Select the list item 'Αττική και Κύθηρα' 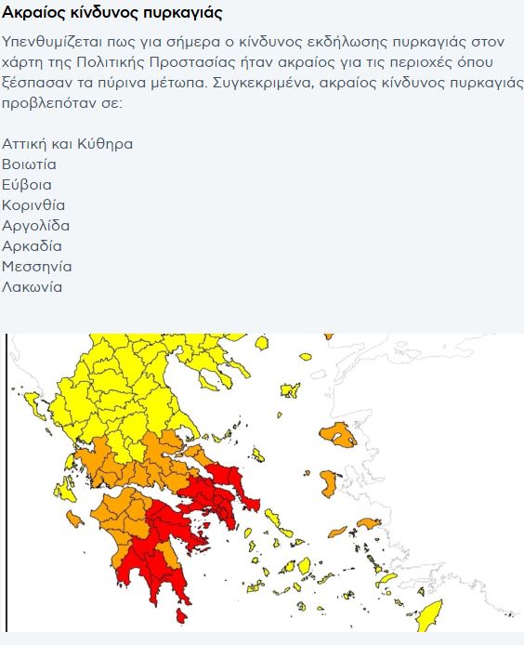coord(68,144)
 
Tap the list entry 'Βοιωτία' coord(30,165)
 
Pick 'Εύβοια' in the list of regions coord(27,185)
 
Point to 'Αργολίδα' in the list coord(36,226)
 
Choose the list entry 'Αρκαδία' coord(33,246)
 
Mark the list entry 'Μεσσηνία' coord(37,267)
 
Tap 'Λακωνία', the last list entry coord(33,287)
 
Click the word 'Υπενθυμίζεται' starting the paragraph coord(51,43)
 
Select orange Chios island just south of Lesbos coord(332,482)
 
